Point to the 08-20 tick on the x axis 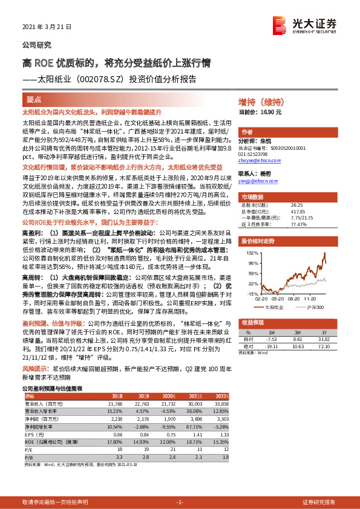pos(295,298)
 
